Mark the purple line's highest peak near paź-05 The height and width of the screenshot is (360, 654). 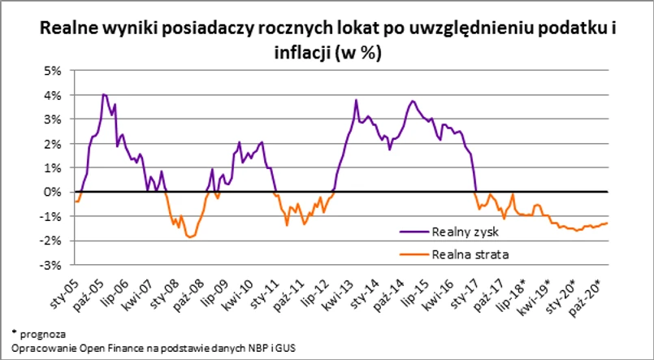[x=103, y=94]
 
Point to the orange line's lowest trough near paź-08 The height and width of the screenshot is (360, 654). [x=190, y=236]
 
